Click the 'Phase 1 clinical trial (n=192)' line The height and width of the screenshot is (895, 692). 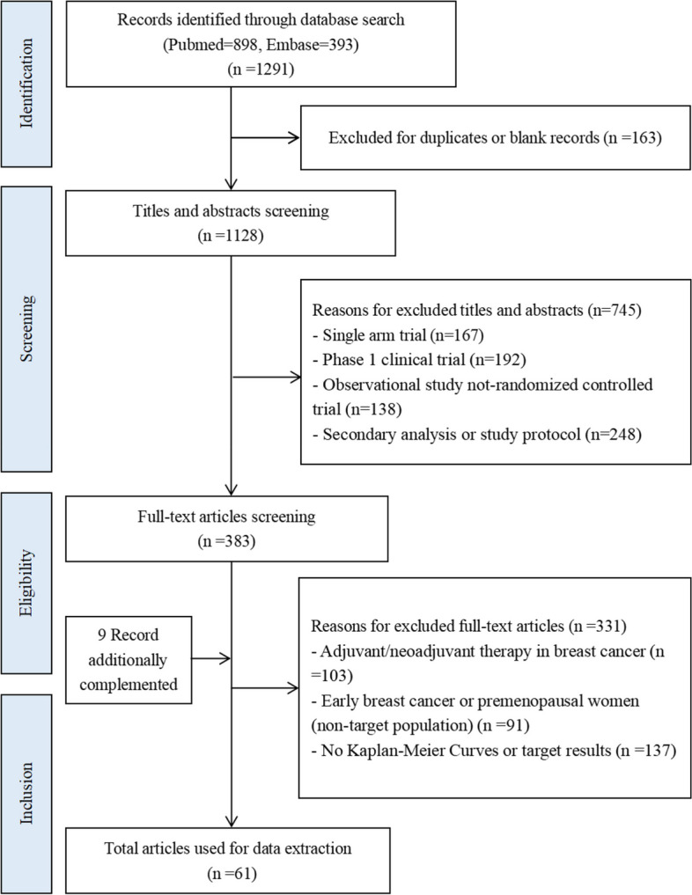coord(416,361)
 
